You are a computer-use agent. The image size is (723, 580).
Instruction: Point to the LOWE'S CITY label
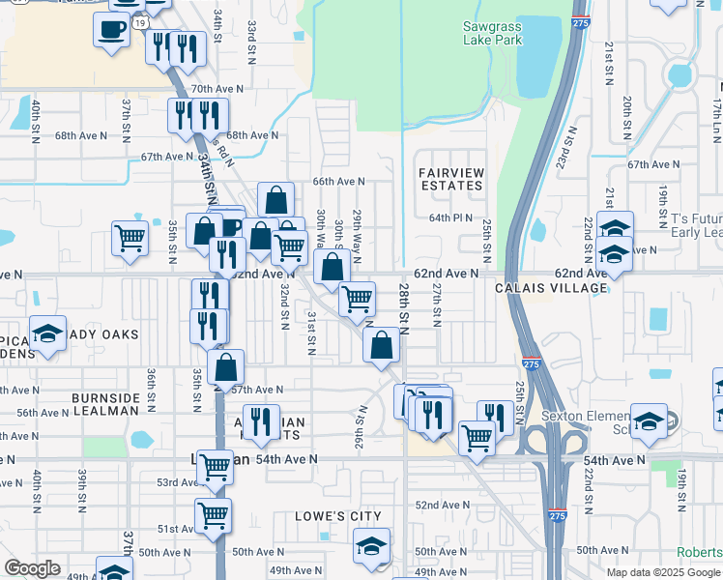pos(338,516)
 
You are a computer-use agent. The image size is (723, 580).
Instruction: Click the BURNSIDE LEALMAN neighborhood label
pos(105,404)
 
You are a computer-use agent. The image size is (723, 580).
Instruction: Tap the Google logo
pos(32,568)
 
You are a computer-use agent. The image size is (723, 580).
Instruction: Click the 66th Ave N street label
pos(339,181)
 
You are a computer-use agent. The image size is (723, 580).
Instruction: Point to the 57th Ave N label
pos(256,390)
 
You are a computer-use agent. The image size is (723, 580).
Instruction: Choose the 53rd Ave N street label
pos(176,482)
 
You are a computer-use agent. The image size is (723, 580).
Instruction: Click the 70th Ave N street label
pos(216,89)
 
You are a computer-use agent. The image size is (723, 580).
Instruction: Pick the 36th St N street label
pos(152,385)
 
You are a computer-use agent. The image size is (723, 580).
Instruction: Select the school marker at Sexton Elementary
pos(650,420)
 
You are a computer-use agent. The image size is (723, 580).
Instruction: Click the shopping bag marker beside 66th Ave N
pos(276,199)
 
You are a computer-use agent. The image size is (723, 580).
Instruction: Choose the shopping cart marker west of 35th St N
pos(130,237)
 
